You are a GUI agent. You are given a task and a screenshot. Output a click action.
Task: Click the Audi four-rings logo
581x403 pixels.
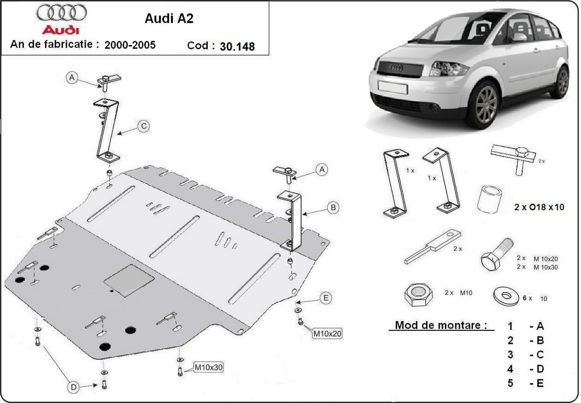tap(62, 12)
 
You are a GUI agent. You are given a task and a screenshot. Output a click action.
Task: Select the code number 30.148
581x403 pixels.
tap(237, 46)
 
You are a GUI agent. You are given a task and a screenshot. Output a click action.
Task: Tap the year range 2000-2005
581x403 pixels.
tap(130, 45)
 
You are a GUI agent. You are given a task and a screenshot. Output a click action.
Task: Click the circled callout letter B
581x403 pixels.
tap(333, 208)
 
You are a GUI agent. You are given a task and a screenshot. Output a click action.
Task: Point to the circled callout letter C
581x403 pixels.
tap(143, 126)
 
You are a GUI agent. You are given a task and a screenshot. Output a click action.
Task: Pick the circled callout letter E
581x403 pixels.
tap(326, 298)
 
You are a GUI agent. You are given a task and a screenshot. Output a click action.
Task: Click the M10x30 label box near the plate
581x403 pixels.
tap(209, 367)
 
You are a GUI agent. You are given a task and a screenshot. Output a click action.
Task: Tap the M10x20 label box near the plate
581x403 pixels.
tap(328, 333)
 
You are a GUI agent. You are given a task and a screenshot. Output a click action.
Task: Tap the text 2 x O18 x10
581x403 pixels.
tap(539, 207)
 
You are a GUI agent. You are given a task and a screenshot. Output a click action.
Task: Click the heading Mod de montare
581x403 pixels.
tap(441, 325)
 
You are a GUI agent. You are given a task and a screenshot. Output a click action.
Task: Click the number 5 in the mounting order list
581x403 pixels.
tap(510, 383)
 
